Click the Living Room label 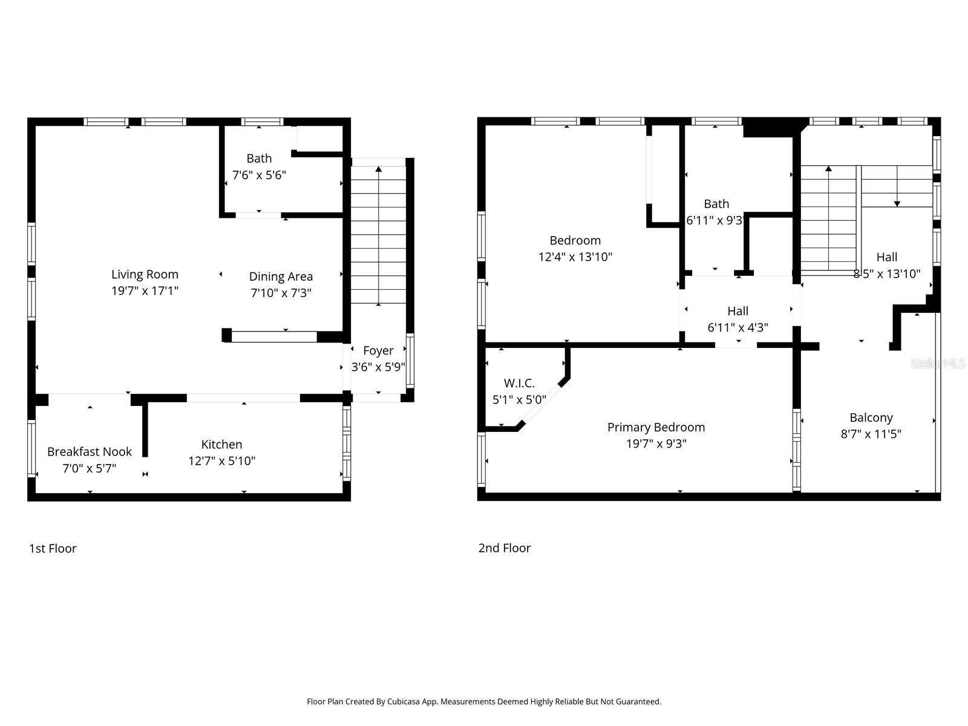tap(145, 274)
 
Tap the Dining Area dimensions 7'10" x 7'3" tap(281, 293)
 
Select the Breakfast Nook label tap(90, 451)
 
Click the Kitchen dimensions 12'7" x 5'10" tap(221, 461)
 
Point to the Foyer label tap(378, 350)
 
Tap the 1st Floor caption tap(53, 548)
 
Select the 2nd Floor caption tap(504, 548)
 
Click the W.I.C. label tap(519, 383)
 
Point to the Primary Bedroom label tap(656, 427)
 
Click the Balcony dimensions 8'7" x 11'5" tap(871, 434)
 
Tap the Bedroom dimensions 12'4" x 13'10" tap(575, 257)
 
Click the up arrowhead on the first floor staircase tap(379, 169)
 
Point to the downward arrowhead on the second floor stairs tap(897, 204)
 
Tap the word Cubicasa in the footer tap(405, 702)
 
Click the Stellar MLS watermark tap(938, 363)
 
